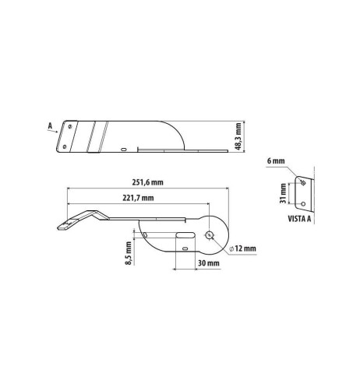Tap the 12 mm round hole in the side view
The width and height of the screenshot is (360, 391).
tap(209, 234)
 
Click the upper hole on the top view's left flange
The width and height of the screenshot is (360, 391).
tap(71, 125)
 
